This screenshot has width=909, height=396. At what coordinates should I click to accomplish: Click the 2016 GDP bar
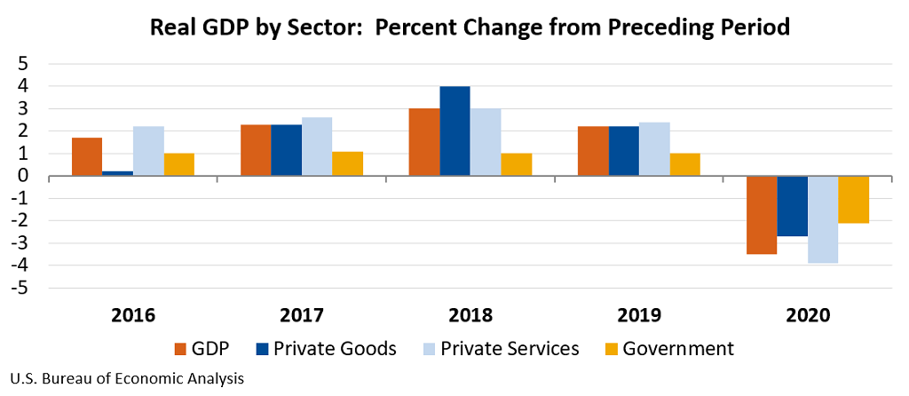[x=87, y=157]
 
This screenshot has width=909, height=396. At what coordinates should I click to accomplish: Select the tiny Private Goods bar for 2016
[x=117, y=173]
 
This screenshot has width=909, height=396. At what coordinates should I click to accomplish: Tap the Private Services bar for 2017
[x=317, y=147]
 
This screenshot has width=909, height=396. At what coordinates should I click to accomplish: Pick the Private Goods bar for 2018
[x=454, y=131]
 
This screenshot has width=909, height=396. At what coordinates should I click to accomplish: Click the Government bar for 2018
[x=517, y=165]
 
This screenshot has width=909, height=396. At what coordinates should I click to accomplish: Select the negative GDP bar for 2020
[x=762, y=215]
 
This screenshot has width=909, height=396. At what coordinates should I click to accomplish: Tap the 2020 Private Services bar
[x=823, y=219]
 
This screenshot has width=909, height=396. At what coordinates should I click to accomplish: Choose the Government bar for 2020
[x=854, y=200]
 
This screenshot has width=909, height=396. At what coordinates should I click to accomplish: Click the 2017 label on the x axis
[x=302, y=316]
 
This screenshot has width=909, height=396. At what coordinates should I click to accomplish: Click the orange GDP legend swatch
[x=182, y=349]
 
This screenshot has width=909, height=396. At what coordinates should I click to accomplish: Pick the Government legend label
[x=678, y=349]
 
